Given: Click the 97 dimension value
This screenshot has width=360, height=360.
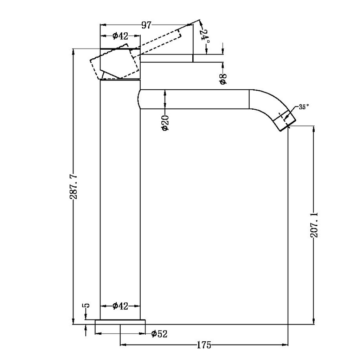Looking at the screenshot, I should (x=146, y=25).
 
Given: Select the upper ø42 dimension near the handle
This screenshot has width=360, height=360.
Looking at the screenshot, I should (x=120, y=36).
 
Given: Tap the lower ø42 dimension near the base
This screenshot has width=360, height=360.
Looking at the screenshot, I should (x=120, y=306).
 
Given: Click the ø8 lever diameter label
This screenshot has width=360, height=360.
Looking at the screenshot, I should (x=223, y=78).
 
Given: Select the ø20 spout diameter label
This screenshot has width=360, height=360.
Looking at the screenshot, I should (x=165, y=123).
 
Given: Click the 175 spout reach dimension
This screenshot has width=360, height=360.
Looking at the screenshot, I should (x=204, y=345).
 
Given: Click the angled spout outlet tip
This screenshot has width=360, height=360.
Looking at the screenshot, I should (x=287, y=122).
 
